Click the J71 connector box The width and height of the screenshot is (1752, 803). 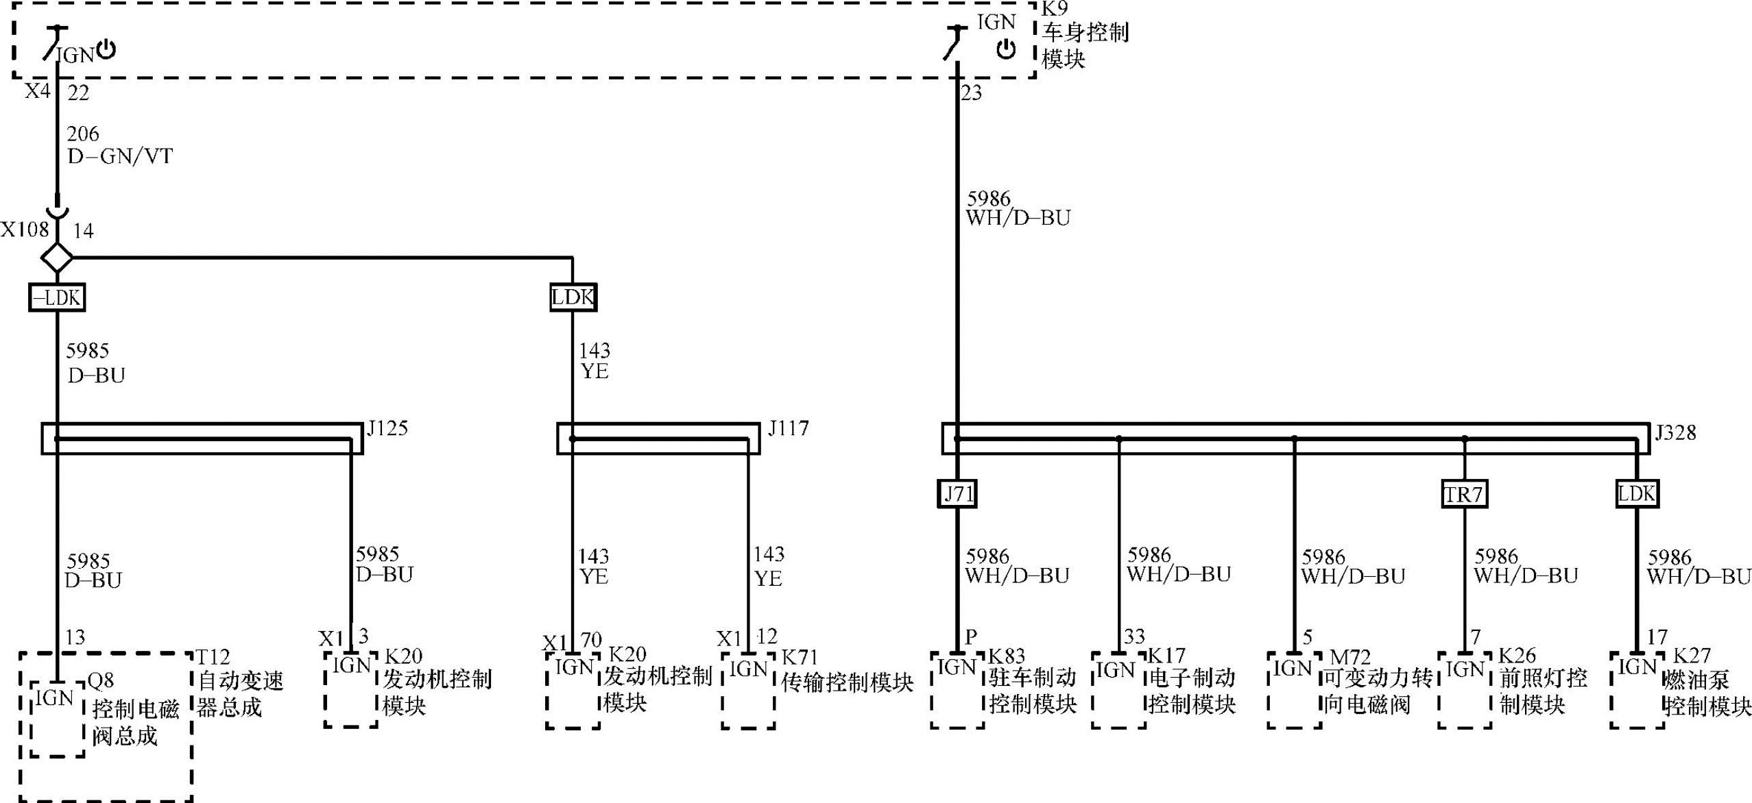click(957, 493)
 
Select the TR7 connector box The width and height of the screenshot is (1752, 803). click(1464, 494)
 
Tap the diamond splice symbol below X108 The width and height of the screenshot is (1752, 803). click(57, 258)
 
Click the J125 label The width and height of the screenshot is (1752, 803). click(387, 428)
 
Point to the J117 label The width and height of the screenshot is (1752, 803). click(789, 428)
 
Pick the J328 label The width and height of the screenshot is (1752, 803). click(1675, 432)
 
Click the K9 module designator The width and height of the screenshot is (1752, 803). click(1054, 9)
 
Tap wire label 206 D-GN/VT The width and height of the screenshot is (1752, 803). click(119, 145)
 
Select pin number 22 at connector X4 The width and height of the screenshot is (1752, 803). click(78, 92)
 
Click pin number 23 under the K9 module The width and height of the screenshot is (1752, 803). click(971, 92)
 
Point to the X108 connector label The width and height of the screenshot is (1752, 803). click(25, 229)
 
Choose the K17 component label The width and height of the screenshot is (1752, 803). click(1166, 656)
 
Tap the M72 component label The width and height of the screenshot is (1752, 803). click(1349, 657)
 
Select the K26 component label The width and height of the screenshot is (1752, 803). click(1517, 656)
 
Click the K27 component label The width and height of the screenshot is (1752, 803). click(1692, 656)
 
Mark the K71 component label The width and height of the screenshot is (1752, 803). click(800, 657)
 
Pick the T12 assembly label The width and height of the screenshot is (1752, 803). click(213, 657)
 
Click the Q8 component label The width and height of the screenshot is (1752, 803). click(101, 680)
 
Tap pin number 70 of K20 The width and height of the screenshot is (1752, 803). click(591, 640)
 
